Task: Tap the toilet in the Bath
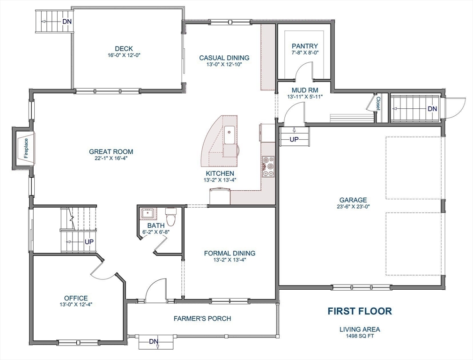171,216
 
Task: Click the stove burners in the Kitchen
268,166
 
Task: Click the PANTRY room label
304,46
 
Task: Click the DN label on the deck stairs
67,21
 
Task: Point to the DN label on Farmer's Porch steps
154,342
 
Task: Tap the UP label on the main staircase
89,242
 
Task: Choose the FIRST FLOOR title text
359,311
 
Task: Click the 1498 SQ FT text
359,336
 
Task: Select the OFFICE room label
76,298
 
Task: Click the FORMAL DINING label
229,253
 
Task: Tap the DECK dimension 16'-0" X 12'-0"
124,55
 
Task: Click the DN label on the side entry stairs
432,109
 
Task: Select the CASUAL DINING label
224,58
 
